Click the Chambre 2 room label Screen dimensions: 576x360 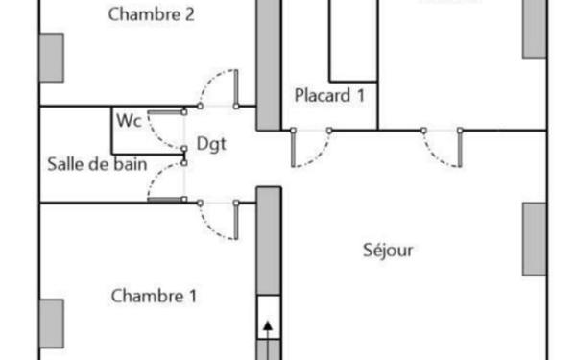(153, 14)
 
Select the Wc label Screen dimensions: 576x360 (130, 121)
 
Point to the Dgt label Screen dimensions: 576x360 (211, 143)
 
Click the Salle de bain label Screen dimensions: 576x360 (96, 163)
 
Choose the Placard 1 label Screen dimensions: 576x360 (329, 95)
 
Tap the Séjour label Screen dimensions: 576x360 (388, 251)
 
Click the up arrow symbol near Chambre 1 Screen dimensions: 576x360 (268, 326)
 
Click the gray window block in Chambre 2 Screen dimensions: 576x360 (51, 58)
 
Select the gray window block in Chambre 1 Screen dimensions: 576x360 (51, 324)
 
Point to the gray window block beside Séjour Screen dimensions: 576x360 (535, 238)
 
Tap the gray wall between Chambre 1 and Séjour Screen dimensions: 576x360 (269, 240)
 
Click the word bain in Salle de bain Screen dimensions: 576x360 (131, 163)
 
